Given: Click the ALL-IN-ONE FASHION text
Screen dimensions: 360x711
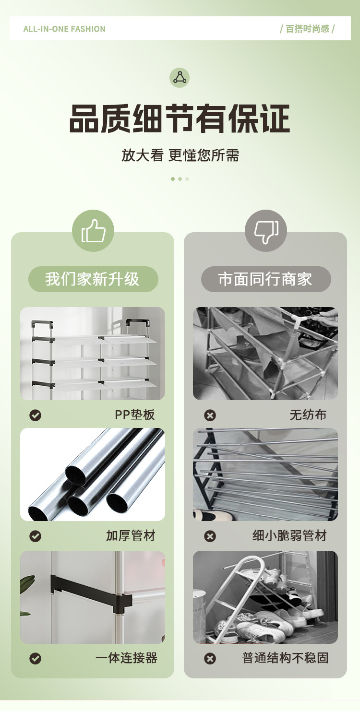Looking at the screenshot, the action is pos(64,29).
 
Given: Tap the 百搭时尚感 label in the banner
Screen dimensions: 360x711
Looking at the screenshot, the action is pos(307,29).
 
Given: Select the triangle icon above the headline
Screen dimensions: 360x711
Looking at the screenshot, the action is pos(180,77).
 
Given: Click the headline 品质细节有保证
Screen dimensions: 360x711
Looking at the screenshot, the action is pos(180,118).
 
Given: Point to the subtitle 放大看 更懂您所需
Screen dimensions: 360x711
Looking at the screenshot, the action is pos(180,155).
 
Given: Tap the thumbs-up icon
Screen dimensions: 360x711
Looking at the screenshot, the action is pos(93,231).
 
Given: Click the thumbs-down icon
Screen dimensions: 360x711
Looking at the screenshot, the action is pos(266,231).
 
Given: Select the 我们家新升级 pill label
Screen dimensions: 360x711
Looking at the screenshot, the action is pos(93,279).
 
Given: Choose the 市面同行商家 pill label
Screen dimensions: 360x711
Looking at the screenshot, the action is pos(266,279).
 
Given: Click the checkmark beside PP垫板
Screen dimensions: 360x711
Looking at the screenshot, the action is pos(35,415).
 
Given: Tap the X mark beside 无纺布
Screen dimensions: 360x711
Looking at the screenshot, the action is pos(210,415).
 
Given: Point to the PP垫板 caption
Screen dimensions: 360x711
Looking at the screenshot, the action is pos(134,415).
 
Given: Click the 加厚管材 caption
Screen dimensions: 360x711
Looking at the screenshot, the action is pos(131,535).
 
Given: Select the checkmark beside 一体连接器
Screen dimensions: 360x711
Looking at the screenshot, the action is pos(35,658).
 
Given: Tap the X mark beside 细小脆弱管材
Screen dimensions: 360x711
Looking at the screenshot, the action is pos(210,536).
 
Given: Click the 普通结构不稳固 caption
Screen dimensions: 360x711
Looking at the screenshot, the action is pos(285,658).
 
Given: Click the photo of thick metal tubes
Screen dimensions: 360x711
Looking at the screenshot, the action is pos(93,474).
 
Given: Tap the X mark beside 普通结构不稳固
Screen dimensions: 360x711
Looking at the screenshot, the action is pos(210,658).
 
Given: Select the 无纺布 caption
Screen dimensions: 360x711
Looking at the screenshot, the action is pos(308,415).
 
